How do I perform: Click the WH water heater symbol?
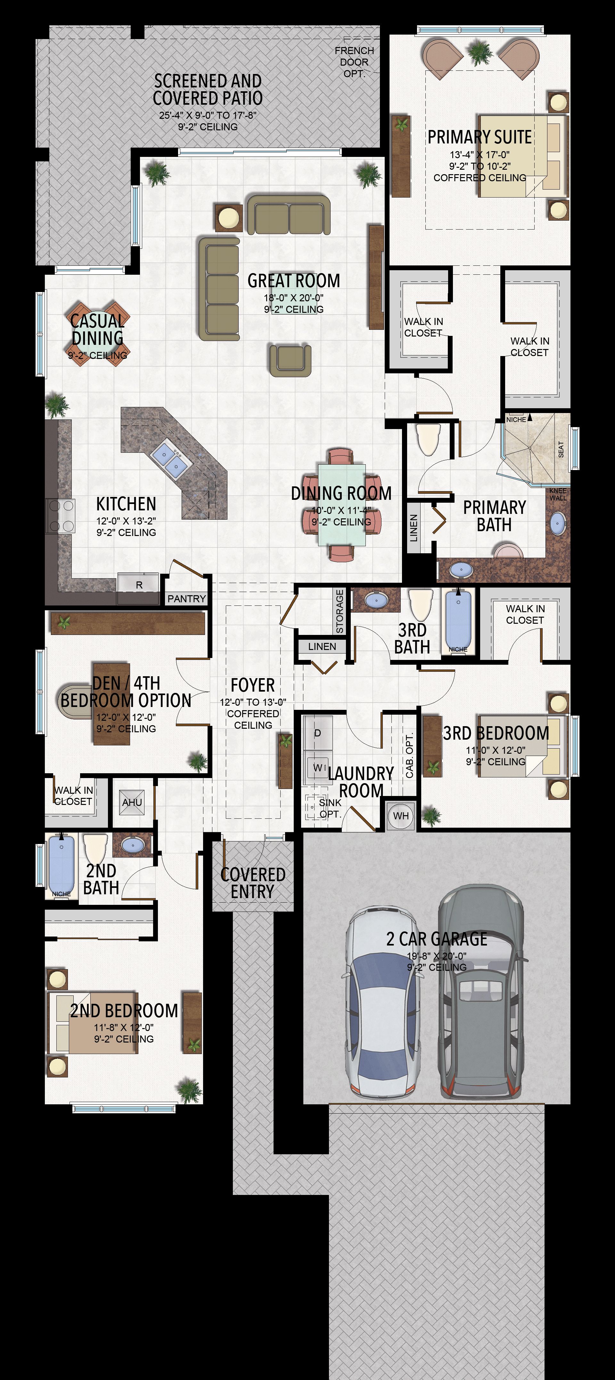(x=401, y=816)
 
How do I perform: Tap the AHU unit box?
(x=132, y=802)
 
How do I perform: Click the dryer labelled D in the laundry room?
(x=318, y=732)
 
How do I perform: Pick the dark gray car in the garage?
(x=480, y=991)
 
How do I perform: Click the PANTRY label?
(x=186, y=598)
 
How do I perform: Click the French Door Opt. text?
(x=354, y=61)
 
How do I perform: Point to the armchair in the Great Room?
(x=290, y=360)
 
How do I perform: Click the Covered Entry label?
(x=252, y=883)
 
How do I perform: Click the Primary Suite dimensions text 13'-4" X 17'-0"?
(x=480, y=154)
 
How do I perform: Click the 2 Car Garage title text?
(x=437, y=939)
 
